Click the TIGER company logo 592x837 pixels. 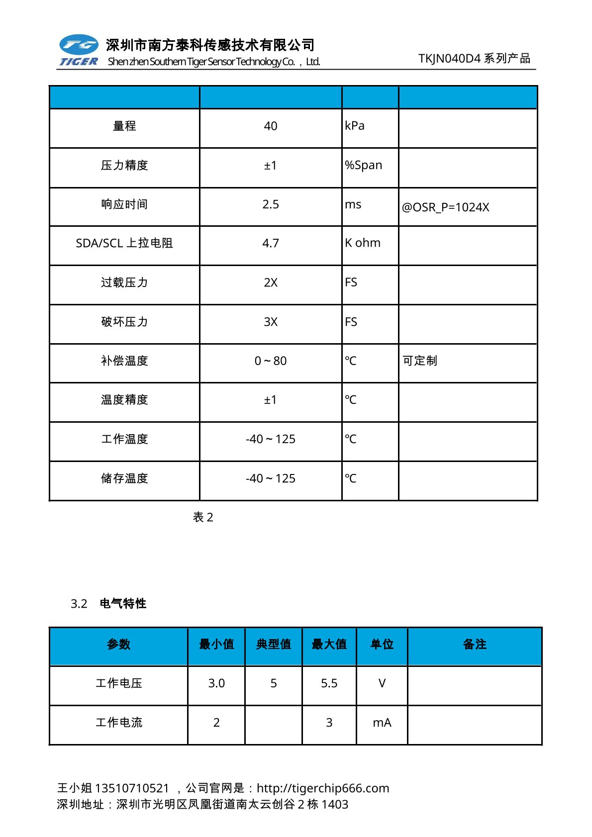79,50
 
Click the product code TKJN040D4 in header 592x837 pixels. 449,59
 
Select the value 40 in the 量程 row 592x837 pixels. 270,126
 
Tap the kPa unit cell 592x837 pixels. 355,126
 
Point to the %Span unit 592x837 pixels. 364,165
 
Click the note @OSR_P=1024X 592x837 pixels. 445,207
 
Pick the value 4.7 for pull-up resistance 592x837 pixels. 270,243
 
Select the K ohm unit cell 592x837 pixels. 363,243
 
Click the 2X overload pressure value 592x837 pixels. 270,282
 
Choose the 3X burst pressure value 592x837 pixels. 270,322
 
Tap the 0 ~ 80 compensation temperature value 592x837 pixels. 270,361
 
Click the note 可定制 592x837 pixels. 420,361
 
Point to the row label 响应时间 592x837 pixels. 124,204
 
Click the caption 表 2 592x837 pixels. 203,517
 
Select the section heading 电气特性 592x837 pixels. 123,603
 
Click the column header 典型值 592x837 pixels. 273,645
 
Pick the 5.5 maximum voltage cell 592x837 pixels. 329,683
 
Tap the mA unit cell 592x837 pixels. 382,723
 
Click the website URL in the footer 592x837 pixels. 323,788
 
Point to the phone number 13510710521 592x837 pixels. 132,788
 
